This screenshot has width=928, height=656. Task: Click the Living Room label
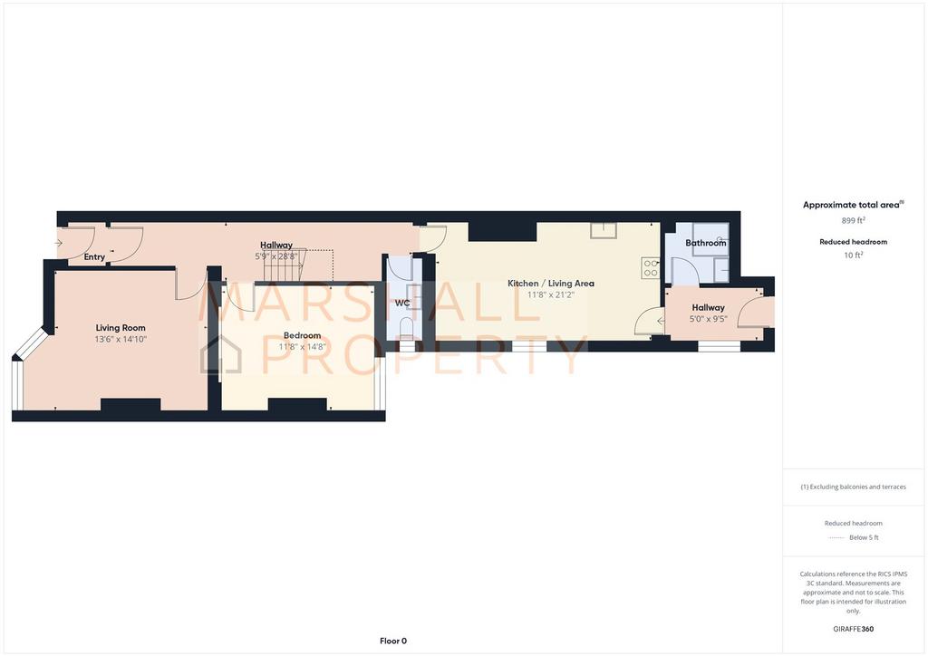tap(121, 328)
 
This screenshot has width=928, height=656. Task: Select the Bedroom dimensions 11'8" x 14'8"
tap(303, 347)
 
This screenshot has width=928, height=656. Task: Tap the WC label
tap(402, 303)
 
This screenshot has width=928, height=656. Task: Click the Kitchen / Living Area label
tap(551, 284)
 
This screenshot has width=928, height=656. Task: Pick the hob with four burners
tap(651, 268)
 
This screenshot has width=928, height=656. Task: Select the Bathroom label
tap(705, 243)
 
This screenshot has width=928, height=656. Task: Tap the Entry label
tap(94, 256)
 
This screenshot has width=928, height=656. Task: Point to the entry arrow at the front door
tap(58, 243)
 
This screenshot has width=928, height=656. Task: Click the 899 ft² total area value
tap(854, 220)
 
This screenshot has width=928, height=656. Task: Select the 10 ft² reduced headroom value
tap(854, 255)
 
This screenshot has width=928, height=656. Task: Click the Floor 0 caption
tap(393, 641)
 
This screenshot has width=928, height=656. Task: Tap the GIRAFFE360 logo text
tap(854, 629)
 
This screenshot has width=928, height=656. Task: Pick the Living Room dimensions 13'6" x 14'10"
tap(121, 340)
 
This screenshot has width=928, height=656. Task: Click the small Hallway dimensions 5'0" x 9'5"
tap(709, 319)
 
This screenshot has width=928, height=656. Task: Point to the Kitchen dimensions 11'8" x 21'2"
tap(551, 294)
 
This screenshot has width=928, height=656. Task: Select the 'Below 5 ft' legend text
tap(864, 537)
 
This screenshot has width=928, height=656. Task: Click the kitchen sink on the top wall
tap(604, 230)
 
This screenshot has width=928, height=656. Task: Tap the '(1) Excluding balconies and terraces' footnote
tap(854, 487)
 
